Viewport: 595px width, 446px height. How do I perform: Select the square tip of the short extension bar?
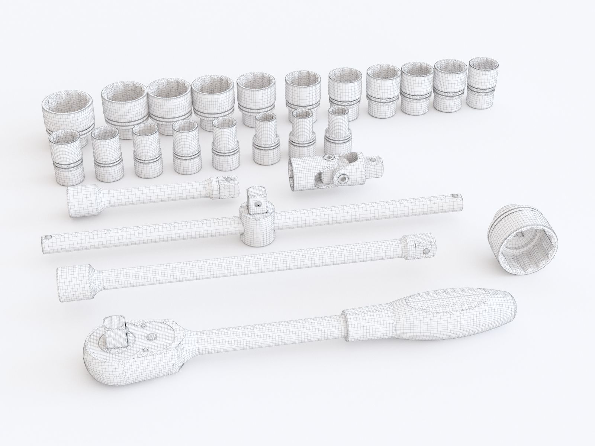point(228,185)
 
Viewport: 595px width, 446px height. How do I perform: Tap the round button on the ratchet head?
point(152,337)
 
